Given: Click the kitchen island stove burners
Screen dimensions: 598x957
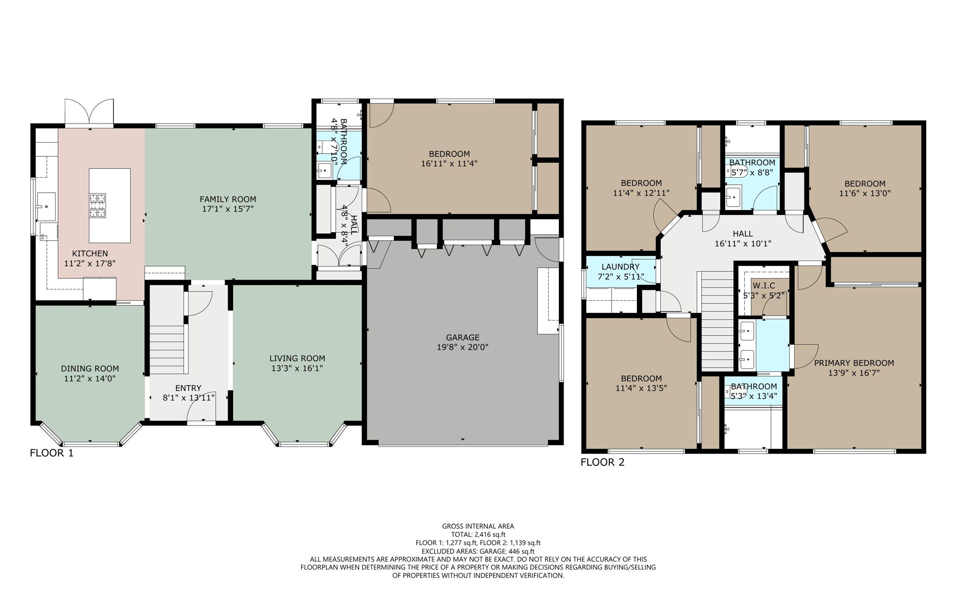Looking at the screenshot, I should click(98, 206).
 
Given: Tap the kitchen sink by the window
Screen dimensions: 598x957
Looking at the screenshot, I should click(46, 206).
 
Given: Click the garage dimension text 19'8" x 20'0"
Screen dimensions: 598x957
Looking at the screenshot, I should click(462, 347).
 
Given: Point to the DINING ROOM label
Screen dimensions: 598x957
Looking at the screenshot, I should click(90, 368).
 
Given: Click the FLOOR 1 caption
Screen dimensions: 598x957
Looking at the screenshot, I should click(51, 453).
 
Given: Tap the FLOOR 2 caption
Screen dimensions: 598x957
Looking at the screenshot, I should click(602, 462).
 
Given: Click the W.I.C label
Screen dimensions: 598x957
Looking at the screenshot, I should click(764, 286).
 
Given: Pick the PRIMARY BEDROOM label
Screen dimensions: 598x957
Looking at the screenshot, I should click(854, 363).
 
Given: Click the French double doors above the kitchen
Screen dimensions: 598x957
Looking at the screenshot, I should click(89, 112).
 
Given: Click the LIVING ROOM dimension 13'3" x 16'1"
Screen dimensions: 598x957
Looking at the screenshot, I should click(297, 368).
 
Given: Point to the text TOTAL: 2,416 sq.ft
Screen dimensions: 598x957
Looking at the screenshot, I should click(478, 534).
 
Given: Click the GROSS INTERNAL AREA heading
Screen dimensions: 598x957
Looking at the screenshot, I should click(478, 526).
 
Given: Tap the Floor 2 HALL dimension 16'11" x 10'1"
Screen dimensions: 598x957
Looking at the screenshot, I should click(743, 244).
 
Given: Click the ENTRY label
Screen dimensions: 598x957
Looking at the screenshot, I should click(188, 388).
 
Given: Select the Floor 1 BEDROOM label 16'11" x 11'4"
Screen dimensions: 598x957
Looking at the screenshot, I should click(449, 154).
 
